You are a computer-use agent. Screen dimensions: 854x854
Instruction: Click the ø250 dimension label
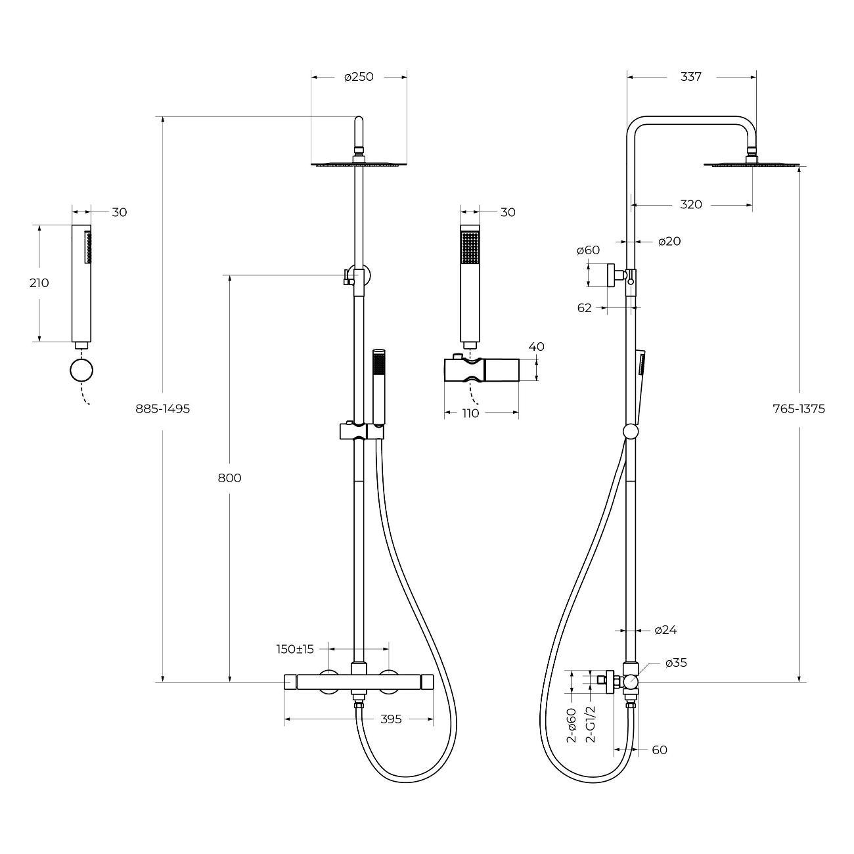(359, 77)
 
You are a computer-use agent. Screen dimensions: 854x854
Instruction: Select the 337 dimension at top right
(690, 77)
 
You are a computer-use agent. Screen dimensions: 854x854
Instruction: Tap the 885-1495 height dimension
(162, 409)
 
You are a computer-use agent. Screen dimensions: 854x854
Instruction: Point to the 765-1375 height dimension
(799, 409)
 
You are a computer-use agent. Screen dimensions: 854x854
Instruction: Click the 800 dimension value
(229, 478)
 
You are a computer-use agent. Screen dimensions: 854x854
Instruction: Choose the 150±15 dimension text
(295, 649)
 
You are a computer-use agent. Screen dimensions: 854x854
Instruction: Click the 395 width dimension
(391, 719)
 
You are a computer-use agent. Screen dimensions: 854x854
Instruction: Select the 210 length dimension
(39, 283)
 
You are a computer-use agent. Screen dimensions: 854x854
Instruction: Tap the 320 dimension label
(690, 204)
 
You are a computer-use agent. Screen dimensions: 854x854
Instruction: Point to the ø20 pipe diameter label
(669, 241)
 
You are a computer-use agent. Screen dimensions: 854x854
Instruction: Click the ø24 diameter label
(665, 630)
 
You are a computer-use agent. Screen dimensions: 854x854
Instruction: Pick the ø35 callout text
(676, 663)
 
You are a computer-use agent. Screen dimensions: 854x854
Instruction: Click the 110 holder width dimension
(470, 413)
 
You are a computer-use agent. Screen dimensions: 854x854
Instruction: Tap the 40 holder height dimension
(536, 347)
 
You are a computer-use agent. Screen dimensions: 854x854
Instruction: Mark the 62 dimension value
(585, 307)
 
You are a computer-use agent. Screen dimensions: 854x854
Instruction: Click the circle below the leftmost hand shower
(81, 371)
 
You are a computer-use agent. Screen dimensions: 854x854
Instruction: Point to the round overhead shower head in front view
(359, 164)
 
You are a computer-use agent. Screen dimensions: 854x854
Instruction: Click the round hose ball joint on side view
(630, 432)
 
